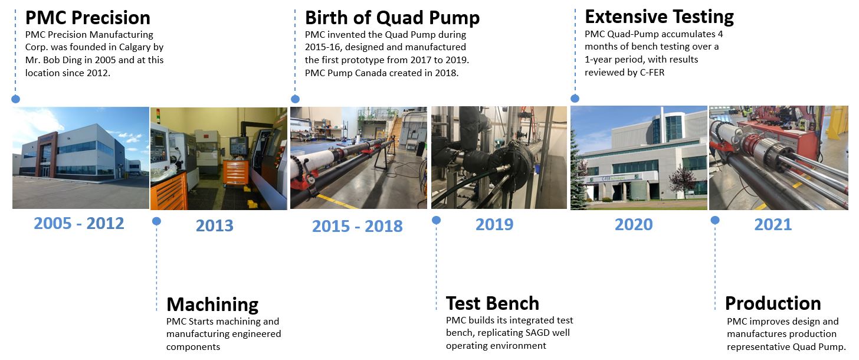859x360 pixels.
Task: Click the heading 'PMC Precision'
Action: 88,18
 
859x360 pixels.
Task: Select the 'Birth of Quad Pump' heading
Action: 392,18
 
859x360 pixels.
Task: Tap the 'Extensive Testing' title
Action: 659,17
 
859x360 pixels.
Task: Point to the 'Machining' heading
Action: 212,305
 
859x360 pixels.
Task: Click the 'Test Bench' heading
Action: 493,303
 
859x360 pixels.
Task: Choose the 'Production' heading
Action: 773,303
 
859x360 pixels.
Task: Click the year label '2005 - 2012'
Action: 79,223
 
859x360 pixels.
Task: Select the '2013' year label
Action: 214,225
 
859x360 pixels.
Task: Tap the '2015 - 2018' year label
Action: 358,226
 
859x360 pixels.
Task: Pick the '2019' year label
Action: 494,224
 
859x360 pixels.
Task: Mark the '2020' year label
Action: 634,224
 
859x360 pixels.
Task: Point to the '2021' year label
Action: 773,224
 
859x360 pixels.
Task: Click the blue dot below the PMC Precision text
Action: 16,99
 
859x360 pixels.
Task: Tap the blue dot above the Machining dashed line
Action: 156,221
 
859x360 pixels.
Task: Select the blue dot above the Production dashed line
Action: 715,220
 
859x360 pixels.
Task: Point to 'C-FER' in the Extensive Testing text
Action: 652,73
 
